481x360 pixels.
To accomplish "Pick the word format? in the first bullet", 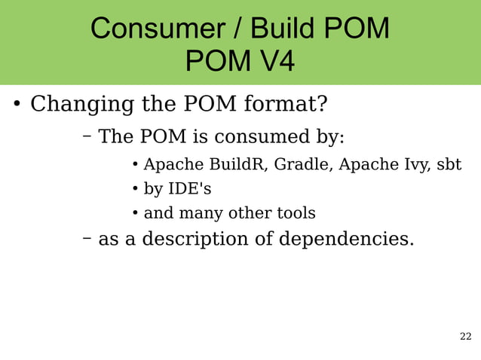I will pos(286,103).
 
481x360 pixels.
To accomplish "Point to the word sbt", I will pos(449,164).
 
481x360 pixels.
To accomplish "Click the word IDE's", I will pos(188,188).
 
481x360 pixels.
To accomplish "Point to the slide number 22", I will pos(465,336).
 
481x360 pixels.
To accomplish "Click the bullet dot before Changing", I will pos(16,104).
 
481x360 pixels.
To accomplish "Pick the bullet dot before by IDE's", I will pos(134,188).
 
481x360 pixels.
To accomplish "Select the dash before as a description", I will pos(87,239).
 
